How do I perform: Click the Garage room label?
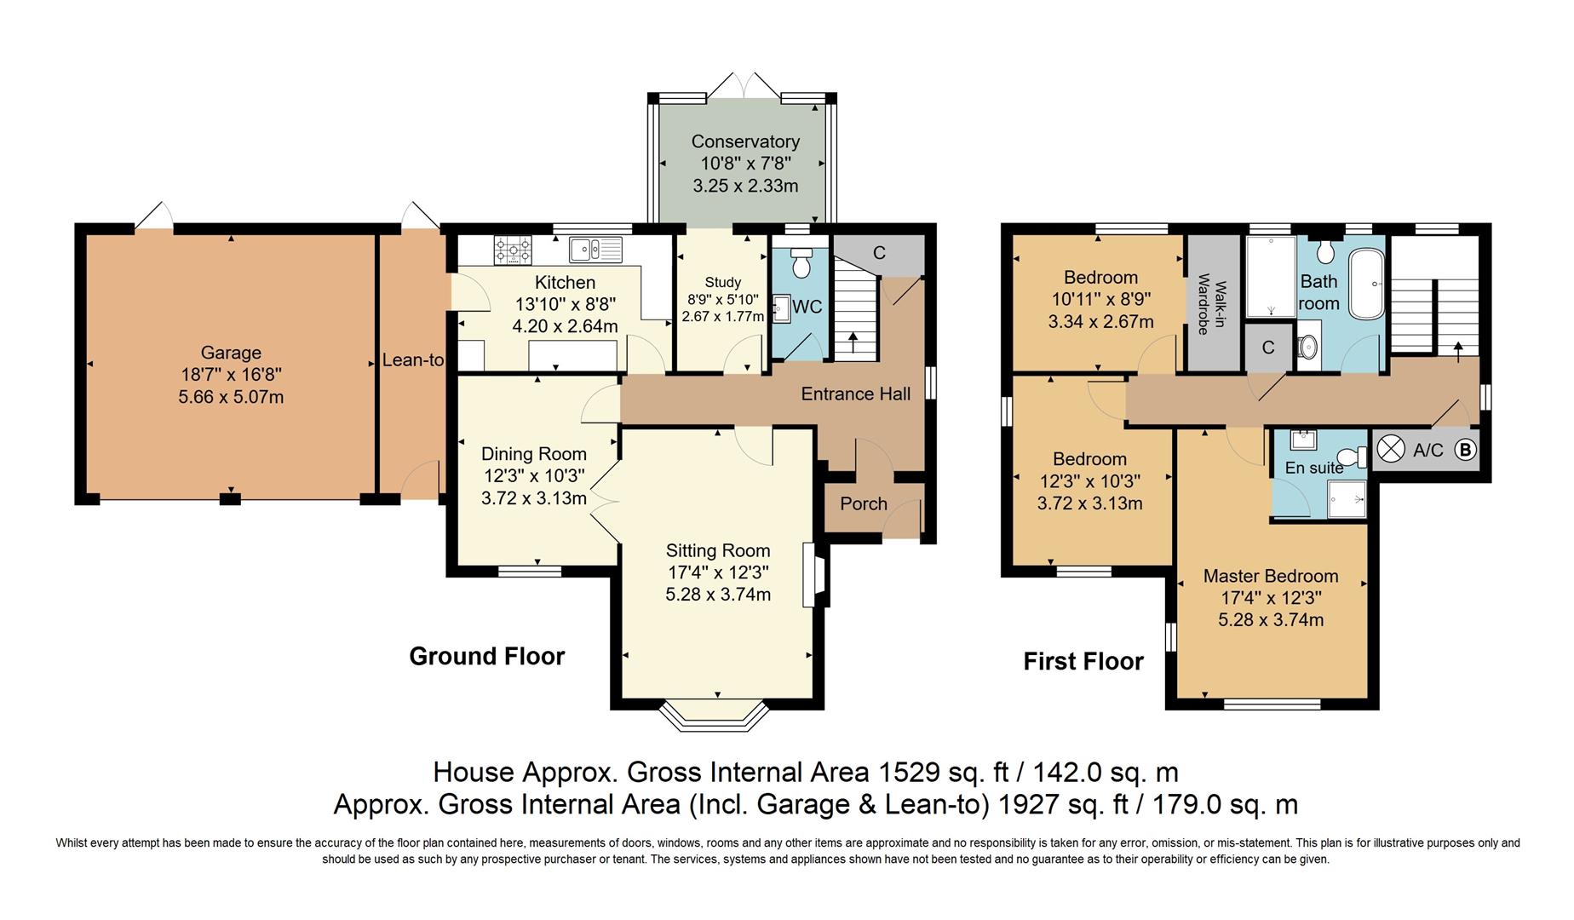coord(231,353)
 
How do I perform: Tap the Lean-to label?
coord(412,360)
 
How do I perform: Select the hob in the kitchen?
coord(513,250)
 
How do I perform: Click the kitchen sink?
coord(596,250)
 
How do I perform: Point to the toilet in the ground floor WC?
coord(801,263)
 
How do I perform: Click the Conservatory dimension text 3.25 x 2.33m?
coord(745,186)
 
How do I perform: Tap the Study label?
coord(722,282)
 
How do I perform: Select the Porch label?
coord(863,503)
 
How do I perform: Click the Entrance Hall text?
coord(855,394)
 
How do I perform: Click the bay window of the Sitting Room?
coord(717,717)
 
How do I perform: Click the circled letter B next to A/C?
coord(1464,450)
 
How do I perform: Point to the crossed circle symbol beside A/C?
coord(1391,449)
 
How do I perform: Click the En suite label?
coord(1313,468)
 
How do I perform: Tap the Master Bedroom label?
coord(1270,576)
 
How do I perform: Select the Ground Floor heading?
coord(486,656)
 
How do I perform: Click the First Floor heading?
coord(1083,661)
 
